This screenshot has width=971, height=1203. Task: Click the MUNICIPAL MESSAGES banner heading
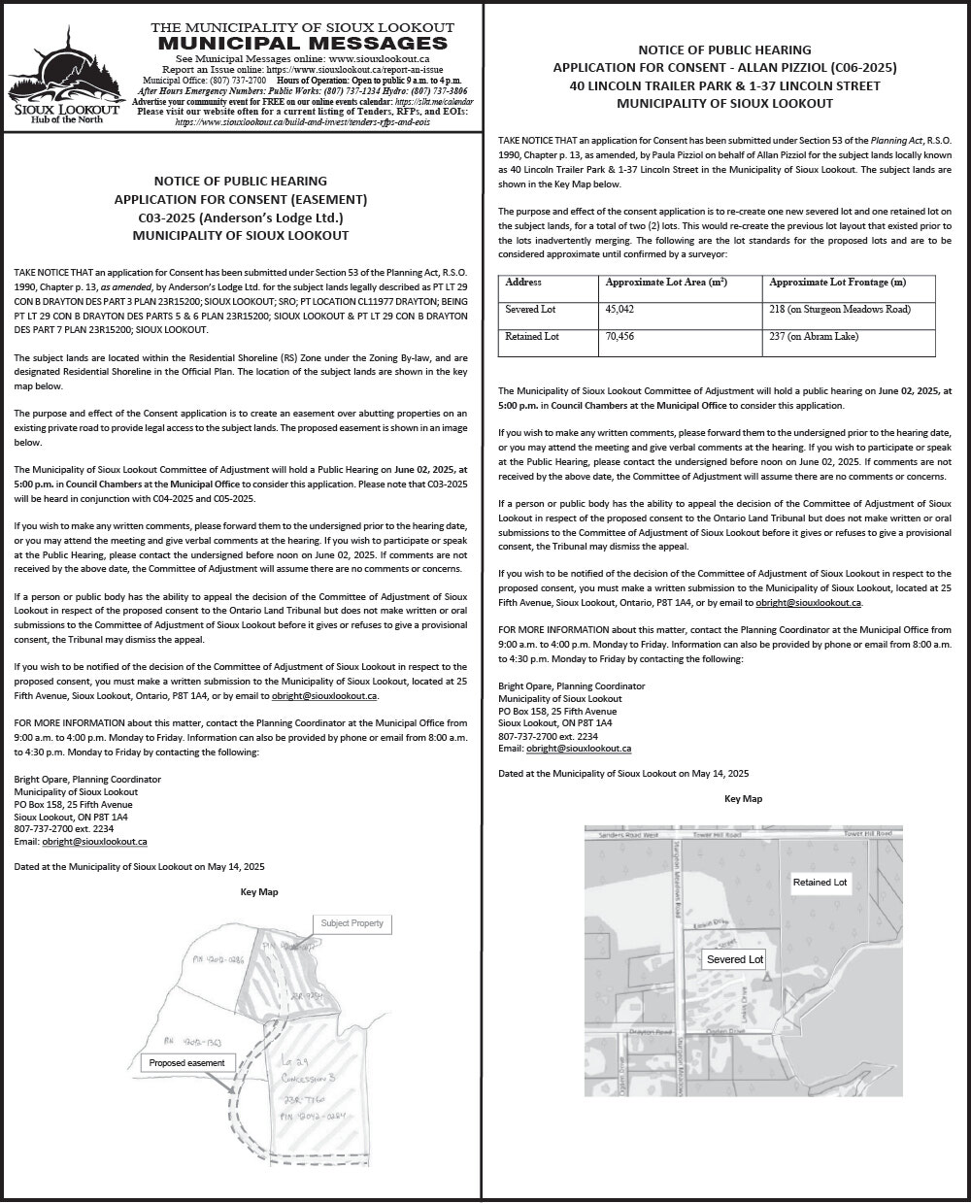click(302, 43)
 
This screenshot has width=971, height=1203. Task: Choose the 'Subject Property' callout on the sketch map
click(352, 923)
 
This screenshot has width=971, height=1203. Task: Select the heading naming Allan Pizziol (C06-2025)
click(726, 67)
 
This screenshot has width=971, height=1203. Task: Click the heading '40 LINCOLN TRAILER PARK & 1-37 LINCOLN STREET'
click(726, 85)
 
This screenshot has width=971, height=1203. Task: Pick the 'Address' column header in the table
click(523, 283)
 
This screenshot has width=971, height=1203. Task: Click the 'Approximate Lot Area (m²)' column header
click(666, 283)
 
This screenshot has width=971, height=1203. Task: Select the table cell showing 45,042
click(619, 309)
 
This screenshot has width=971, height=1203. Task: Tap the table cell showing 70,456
click(619, 337)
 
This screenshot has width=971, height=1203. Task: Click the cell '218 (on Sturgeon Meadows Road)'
click(839, 309)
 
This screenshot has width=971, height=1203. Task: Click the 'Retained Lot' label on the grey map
click(820, 883)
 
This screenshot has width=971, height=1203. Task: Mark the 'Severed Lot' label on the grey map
click(734, 959)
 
